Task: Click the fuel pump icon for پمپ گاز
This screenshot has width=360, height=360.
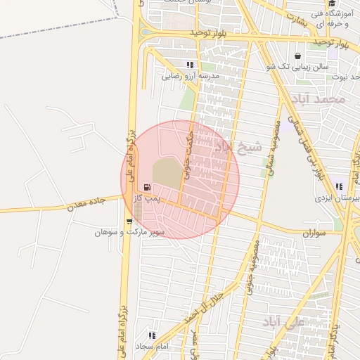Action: (147, 187)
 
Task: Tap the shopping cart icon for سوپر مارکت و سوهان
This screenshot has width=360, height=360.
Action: (129, 221)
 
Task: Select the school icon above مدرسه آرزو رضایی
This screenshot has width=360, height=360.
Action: (189, 65)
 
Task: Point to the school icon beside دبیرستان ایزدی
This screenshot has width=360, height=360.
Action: (340, 187)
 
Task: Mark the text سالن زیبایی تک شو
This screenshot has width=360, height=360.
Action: (300, 66)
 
